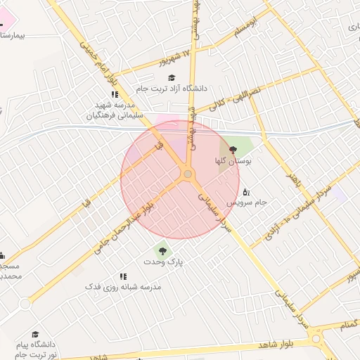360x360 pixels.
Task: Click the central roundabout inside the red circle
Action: pyautogui.click(x=188, y=174)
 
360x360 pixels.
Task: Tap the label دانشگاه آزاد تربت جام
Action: pyautogui.click(x=172, y=89)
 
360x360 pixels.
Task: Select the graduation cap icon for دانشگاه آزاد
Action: pyautogui.click(x=172, y=77)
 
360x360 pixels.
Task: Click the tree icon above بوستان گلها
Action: pyautogui.click(x=233, y=150)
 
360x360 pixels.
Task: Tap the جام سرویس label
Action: pyautogui.click(x=246, y=202)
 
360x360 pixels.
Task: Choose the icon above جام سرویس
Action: pyautogui.click(x=245, y=191)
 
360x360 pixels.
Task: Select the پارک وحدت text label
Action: pyautogui.click(x=163, y=262)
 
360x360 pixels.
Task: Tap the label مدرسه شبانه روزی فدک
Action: pyautogui.click(x=123, y=287)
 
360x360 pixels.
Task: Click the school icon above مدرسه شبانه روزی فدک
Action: pyautogui.click(x=123, y=276)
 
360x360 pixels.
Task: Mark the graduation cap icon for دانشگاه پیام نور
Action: pyautogui.click(x=35, y=335)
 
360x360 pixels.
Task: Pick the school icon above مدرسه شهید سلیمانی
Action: pyautogui.click(x=114, y=94)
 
